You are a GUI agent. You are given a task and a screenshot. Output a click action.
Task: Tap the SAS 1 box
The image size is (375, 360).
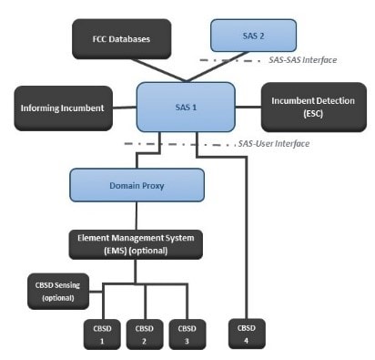point(185,107)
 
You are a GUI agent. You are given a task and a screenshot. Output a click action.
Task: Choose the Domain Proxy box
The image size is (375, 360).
point(136,185)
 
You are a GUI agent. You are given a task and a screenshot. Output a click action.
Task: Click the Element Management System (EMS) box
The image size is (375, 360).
point(137,244)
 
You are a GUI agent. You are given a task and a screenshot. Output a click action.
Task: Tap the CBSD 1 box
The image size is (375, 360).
point(103,333)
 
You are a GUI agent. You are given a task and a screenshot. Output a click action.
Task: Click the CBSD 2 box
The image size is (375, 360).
point(145,333)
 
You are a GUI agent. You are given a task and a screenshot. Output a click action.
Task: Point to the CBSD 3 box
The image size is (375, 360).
point(187,333)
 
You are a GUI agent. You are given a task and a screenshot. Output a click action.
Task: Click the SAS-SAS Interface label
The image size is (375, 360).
point(304,60)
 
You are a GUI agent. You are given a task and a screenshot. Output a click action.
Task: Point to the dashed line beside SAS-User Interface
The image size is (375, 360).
point(182,144)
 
